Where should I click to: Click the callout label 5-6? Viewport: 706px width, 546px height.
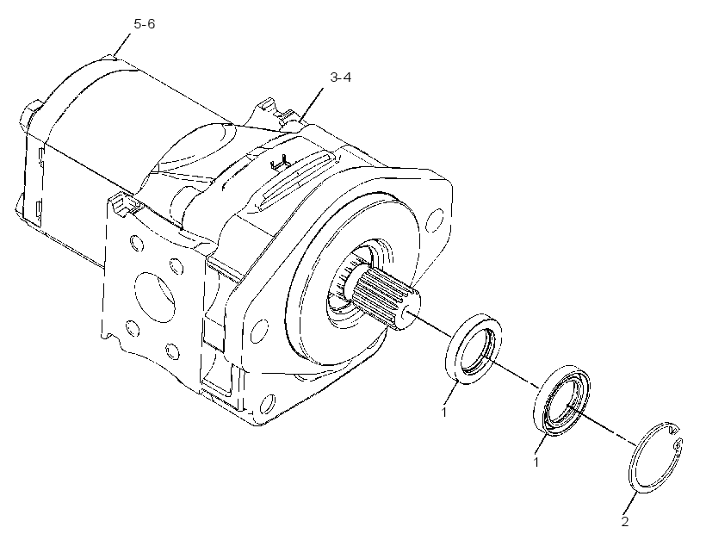(x=144, y=24)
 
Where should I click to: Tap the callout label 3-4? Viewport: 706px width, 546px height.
(x=340, y=78)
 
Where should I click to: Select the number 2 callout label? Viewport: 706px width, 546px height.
(x=625, y=522)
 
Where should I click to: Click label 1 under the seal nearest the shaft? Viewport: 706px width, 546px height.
(x=444, y=412)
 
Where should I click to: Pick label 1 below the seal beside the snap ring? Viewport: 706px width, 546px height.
(x=536, y=462)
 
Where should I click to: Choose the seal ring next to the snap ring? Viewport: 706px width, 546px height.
(x=561, y=401)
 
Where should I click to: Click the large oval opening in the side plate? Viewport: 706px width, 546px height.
(x=154, y=296)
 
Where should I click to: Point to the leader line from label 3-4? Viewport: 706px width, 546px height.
(x=311, y=105)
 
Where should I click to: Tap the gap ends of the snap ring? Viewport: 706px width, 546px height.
(x=675, y=437)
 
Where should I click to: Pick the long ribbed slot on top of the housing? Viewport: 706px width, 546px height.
(x=297, y=180)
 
